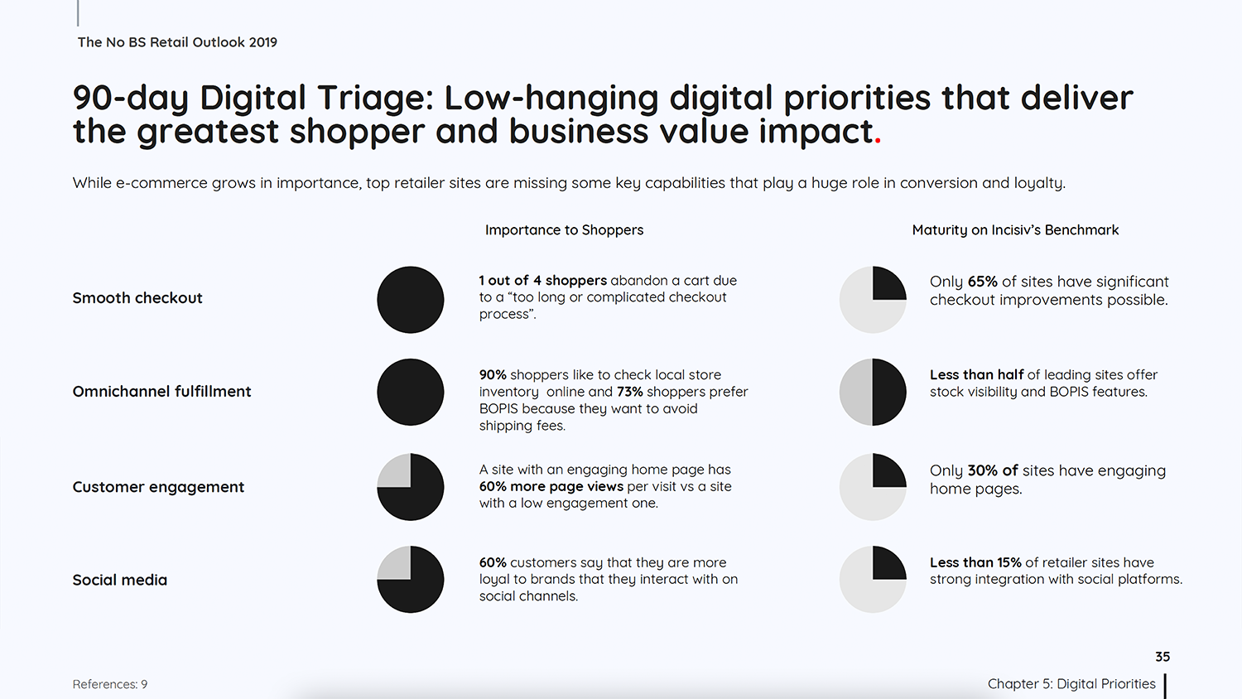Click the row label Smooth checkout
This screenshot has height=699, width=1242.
(x=137, y=298)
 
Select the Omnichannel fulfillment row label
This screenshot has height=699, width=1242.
(x=162, y=392)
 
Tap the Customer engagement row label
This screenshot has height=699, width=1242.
(x=158, y=487)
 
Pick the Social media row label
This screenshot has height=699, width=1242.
(x=120, y=580)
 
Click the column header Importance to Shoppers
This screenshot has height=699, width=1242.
(x=565, y=230)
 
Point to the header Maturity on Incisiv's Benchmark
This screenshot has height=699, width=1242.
(x=1015, y=230)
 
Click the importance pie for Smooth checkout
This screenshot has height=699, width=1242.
(x=411, y=300)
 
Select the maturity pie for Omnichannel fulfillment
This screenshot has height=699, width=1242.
(x=873, y=393)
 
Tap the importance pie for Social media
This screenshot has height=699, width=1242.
(x=411, y=579)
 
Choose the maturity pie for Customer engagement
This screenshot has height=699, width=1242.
(x=873, y=487)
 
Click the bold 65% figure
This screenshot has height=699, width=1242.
(x=983, y=282)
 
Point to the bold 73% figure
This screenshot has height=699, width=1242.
(x=630, y=393)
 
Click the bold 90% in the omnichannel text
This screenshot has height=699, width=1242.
(x=493, y=375)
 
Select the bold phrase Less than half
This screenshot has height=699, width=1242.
(x=976, y=375)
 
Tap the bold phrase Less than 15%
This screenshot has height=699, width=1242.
(x=975, y=562)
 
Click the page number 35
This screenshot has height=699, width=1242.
(x=1163, y=657)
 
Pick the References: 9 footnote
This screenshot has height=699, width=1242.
(x=110, y=685)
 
